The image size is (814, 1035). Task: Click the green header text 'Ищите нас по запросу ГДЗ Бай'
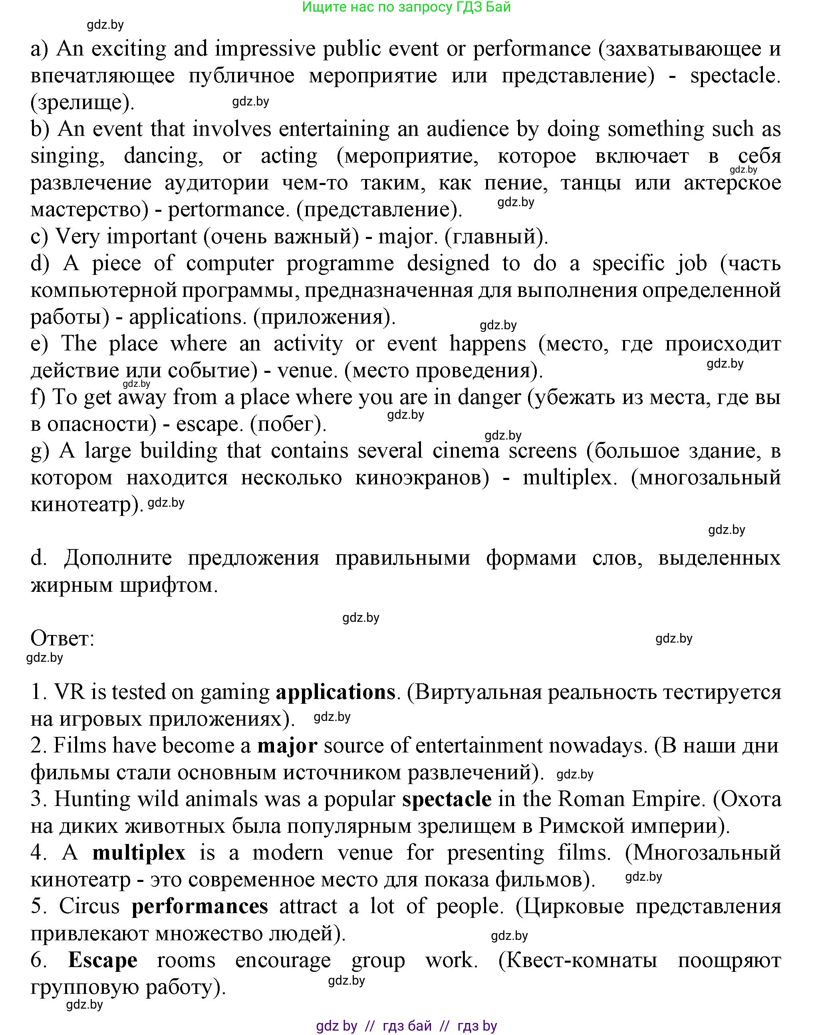click(407, 7)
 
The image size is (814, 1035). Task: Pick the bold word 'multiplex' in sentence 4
click(139, 853)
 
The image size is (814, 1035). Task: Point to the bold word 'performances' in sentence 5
click(200, 906)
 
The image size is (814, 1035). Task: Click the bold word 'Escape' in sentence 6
click(103, 960)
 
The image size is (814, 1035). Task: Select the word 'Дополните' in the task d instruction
click(118, 558)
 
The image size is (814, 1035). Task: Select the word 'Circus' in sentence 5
click(89, 906)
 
